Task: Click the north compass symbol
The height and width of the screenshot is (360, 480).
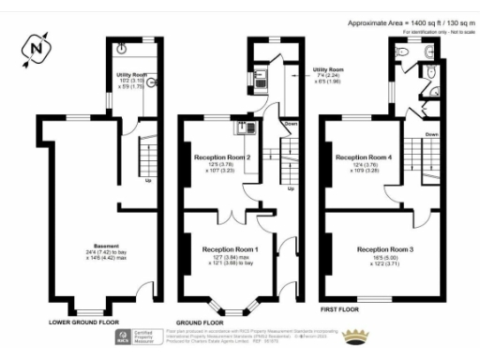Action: (x=36, y=47)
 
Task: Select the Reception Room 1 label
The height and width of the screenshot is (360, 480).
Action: (x=231, y=249)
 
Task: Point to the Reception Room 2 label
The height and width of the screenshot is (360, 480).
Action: (x=221, y=157)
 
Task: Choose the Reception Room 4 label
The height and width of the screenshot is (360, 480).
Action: (x=363, y=157)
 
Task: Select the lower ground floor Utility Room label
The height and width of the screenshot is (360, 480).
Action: (x=131, y=73)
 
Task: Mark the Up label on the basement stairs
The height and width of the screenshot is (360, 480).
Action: (x=148, y=182)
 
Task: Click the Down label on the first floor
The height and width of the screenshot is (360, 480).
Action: (x=431, y=134)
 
